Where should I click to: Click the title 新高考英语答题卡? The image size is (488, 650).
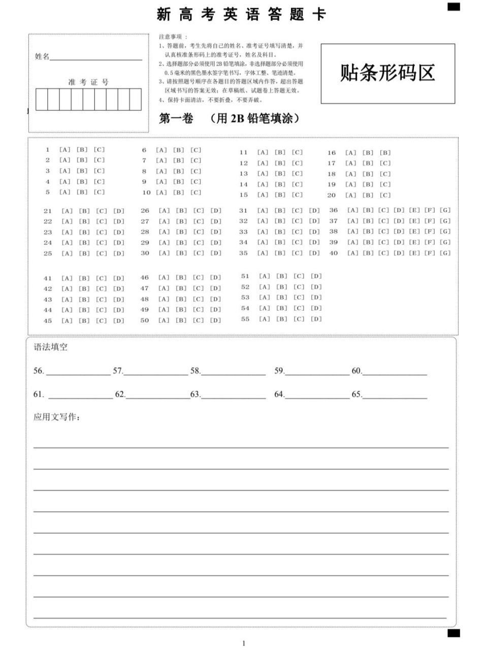click(241, 14)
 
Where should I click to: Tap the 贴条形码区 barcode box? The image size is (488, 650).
click(387, 73)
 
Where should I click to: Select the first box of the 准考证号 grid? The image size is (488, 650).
click(41, 99)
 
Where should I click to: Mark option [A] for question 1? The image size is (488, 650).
click(65, 150)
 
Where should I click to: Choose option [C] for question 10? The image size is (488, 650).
click(196, 192)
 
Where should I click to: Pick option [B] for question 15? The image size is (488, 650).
click(280, 195)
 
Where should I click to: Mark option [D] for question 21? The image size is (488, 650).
click(119, 211)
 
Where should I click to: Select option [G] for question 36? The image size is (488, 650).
click(445, 210)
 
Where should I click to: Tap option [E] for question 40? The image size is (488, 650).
click(414, 253)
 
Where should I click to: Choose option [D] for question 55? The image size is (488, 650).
click(316, 319)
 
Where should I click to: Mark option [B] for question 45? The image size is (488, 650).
click(84, 321)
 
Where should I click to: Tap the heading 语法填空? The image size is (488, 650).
click(50, 347)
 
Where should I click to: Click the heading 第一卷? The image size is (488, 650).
click(176, 118)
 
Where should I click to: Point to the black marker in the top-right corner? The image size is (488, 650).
click(453, 7)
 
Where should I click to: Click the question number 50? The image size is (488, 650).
click(145, 320)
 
